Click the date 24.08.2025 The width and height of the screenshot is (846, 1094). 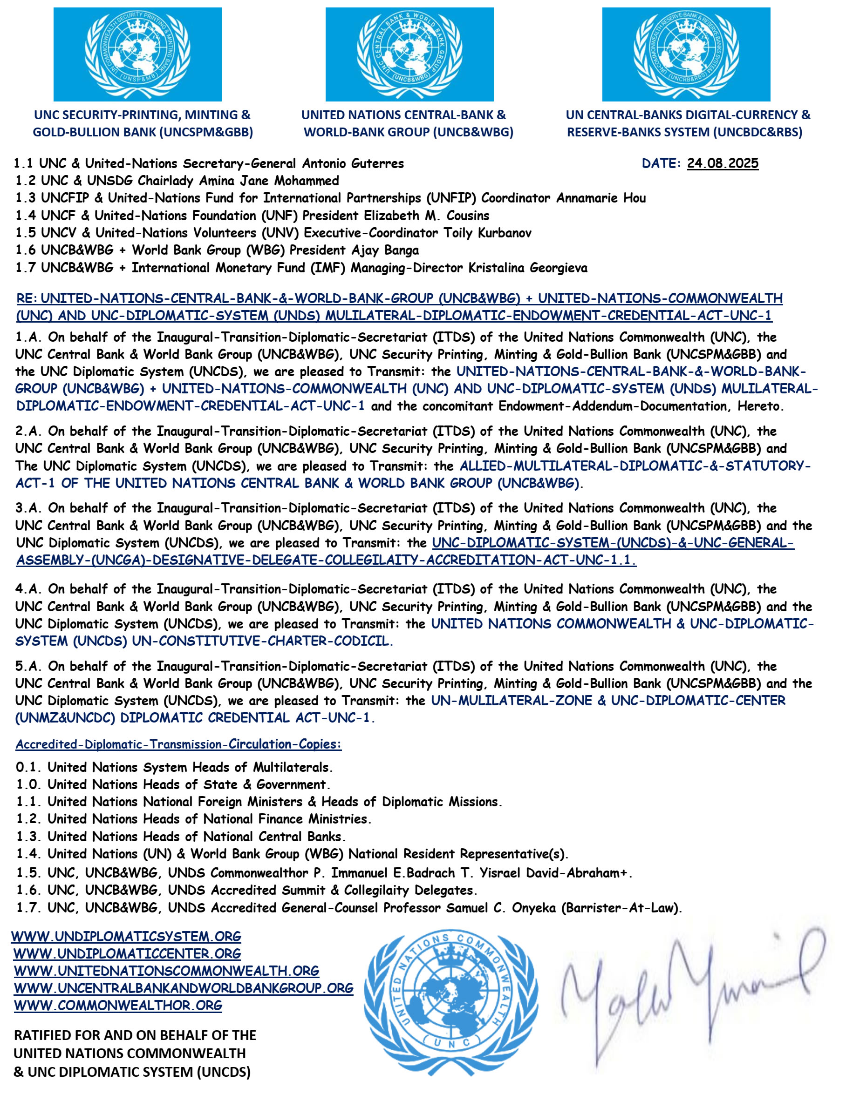[722, 163]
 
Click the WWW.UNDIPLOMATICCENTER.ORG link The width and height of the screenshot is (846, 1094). [127, 953]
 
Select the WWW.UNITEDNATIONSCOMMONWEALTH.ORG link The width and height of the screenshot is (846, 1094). [166, 971]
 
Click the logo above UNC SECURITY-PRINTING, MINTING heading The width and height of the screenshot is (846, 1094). [137, 54]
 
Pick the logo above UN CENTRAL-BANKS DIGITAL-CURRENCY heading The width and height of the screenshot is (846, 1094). [686, 54]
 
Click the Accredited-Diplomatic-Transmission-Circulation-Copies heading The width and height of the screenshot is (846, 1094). [178, 744]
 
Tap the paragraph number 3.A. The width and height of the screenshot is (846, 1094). [28, 508]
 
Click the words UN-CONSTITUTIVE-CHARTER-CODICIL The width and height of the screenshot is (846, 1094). [260, 641]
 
